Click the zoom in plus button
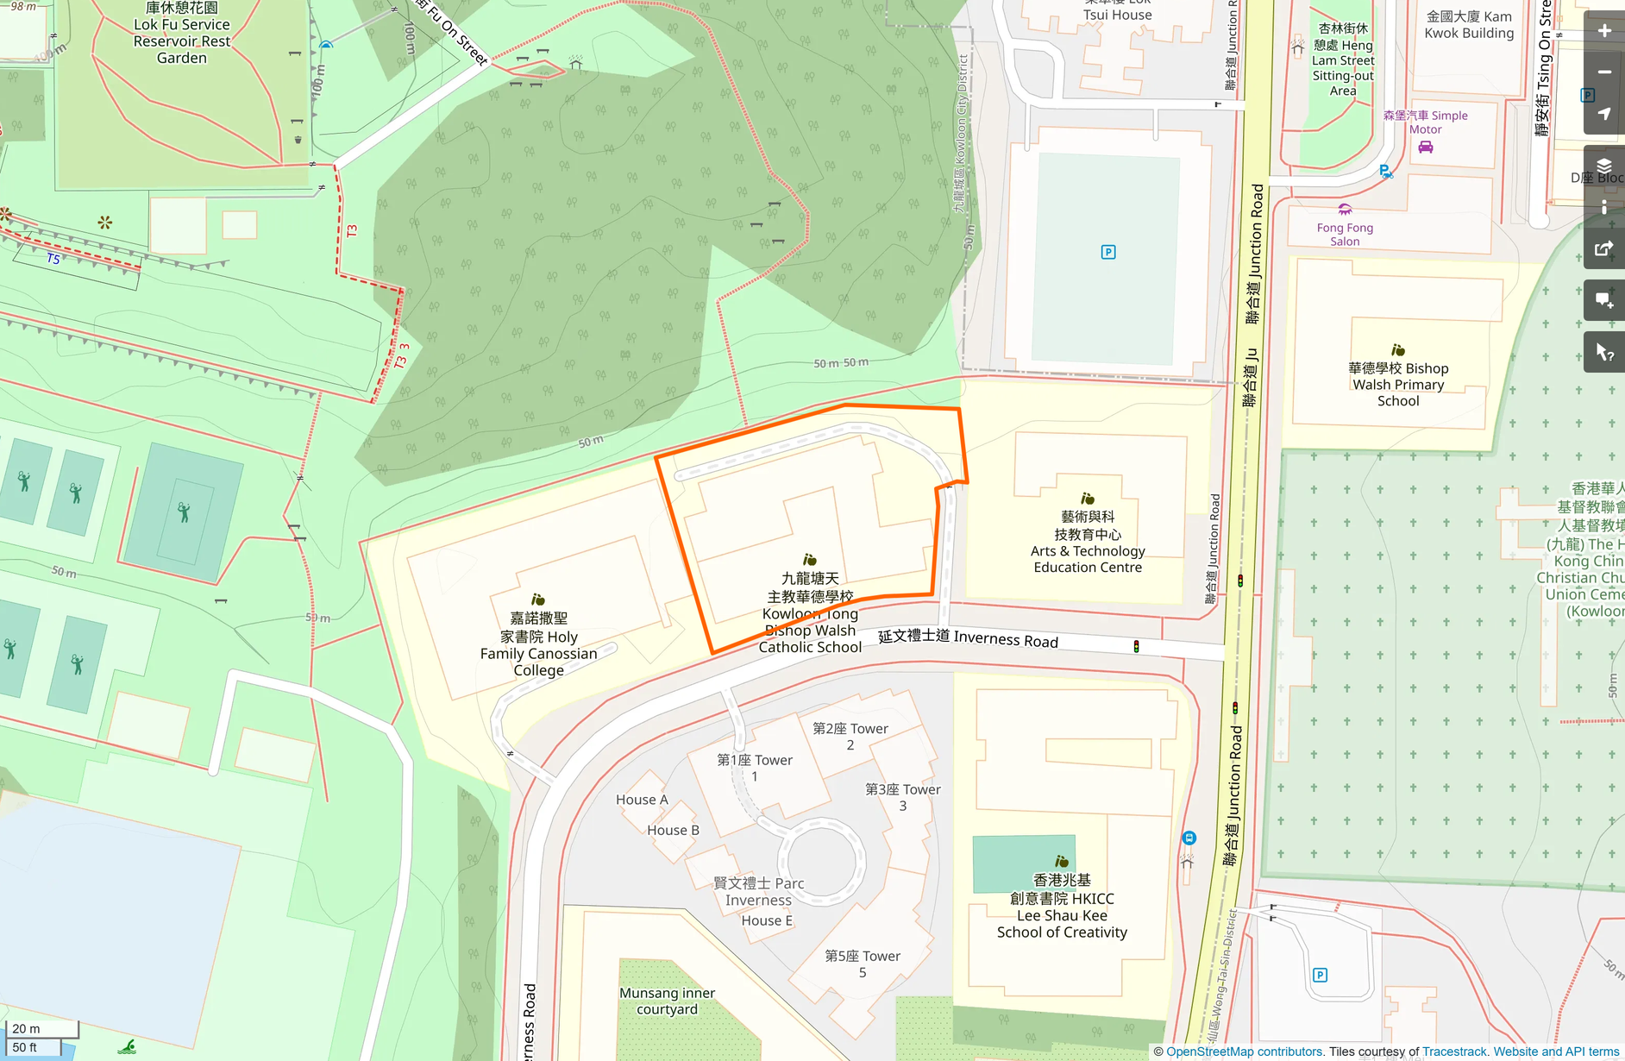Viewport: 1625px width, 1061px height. (1604, 31)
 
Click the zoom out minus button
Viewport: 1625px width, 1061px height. (1604, 72)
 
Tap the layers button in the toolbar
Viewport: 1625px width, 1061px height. (1604, 166)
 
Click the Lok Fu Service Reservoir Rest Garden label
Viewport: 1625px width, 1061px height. (182, 34)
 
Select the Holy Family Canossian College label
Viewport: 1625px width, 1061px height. (538, 644)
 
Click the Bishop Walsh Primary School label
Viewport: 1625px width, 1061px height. (1398, 384)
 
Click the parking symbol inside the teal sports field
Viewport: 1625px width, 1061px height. (1108, 252)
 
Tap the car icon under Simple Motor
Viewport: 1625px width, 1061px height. (1426, 148)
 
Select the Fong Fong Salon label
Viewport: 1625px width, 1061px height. (1345, 234)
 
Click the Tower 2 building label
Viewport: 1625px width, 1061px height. (850, 736)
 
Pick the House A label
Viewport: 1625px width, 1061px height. (642, 800)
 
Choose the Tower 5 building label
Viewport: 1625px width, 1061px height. (862, 964)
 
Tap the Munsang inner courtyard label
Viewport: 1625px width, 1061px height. (667, 1001)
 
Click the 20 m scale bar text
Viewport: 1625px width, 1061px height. (26, 1028)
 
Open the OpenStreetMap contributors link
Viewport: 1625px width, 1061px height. (1244, 1052)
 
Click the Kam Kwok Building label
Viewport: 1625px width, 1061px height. (1469, 25)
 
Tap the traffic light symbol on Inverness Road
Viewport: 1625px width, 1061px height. (1136, 646)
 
